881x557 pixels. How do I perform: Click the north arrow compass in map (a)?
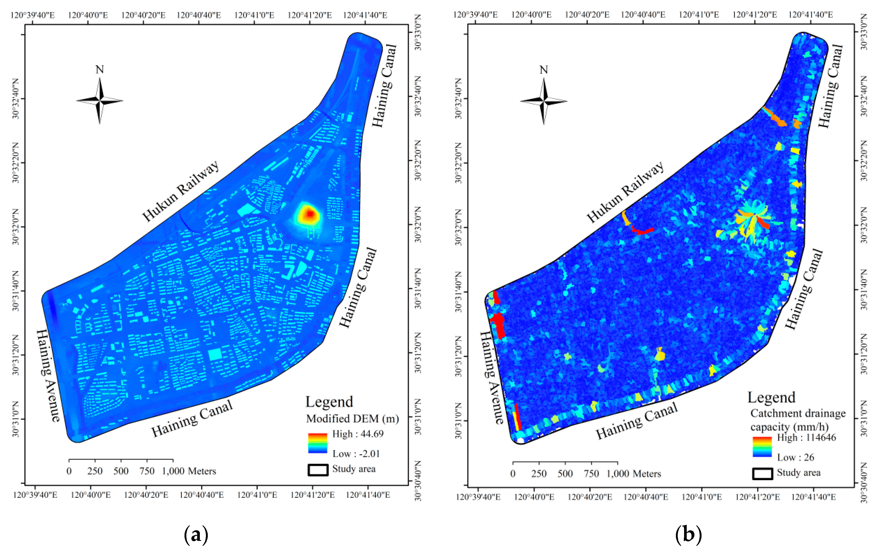[x=99, y=101]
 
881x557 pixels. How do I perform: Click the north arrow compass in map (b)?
[x=544, y=101]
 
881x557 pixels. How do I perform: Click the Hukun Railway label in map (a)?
[x=180, y=191]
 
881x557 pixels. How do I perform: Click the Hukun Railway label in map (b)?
[x=625, y=192]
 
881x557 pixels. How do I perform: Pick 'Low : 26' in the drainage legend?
[x=795, y=457]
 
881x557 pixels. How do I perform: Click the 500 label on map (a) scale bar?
[x=121, y=471]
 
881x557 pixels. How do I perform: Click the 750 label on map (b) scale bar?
[x=591, y=474]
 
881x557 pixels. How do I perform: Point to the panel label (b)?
[x=688, y=534]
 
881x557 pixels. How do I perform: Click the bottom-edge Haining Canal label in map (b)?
[x=636, y=421]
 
